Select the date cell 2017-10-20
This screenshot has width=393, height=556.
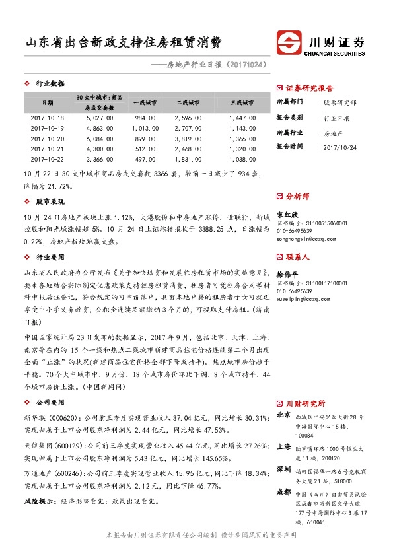coord(48,139)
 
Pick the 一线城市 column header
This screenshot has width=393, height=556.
coord(145,103)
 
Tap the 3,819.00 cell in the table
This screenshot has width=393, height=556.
coord(189,139)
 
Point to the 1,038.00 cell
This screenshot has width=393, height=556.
coord(242,160)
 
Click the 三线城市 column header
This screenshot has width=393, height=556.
coord(242,103)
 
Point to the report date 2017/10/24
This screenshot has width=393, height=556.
coord(341,146)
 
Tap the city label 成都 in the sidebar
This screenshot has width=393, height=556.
coord(283,491)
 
